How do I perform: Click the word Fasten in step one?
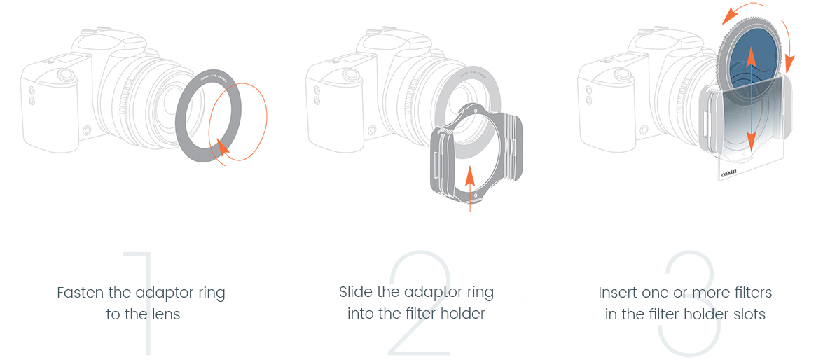click(x=76, y=292)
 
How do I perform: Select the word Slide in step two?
click(x=355, y=292)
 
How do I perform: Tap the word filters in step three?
click(x=752, y=292)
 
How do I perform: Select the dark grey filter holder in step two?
click(x=443, y=156)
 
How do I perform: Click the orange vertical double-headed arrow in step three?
click(x=750, y=98)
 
